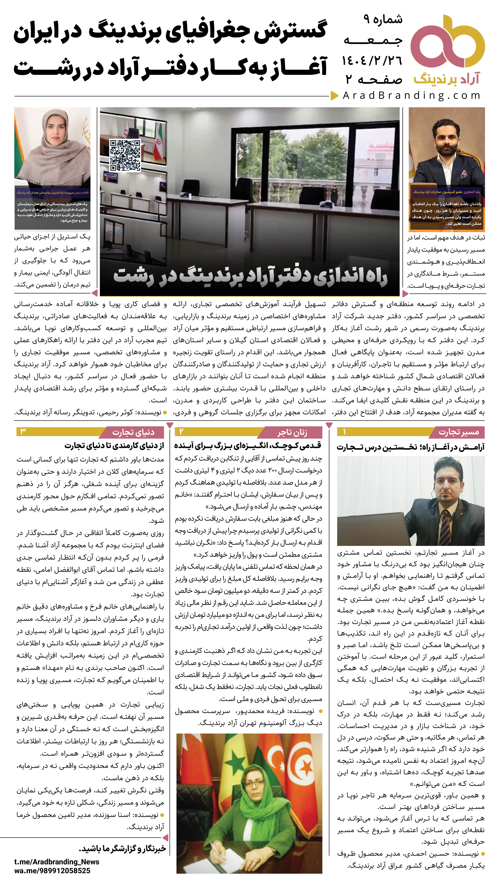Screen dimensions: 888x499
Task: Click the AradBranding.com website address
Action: tap(412, 95)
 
